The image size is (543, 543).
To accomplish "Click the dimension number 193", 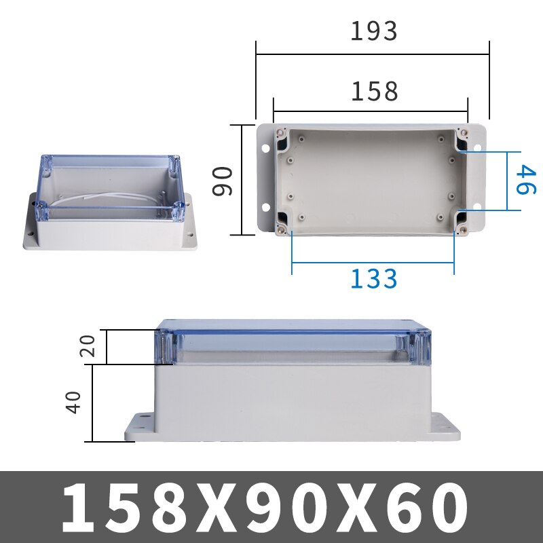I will pos(373,31).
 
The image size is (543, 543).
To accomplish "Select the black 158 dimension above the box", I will pos(373,92).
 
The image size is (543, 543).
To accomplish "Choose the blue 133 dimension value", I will pos(373,278).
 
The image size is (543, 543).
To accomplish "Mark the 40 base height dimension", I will pos(75,402).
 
